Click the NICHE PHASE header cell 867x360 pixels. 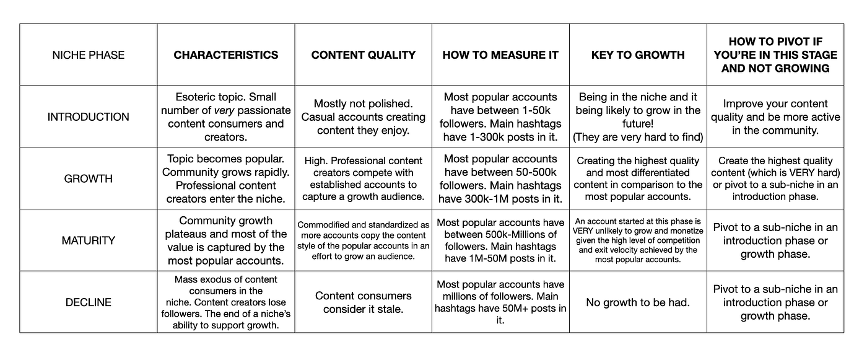pos(88,55)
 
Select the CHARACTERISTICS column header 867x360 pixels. pos(225,55)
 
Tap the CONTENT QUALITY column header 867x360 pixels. pos(363,55)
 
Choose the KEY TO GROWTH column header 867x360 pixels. pos(638,55)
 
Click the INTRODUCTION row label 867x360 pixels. pos(88,116)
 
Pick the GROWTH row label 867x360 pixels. pos(88,178)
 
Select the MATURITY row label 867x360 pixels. pos(88,240)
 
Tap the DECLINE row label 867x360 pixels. pos(88,302)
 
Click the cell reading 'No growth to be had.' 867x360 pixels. pos(638,302)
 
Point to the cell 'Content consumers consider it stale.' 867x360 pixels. pos(363,302)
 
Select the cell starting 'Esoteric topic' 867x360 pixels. pos(225,116)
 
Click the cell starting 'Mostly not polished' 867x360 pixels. pos(363,116)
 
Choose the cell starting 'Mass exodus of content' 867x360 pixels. pos(225,302)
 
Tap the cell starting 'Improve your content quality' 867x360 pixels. pos(775,116)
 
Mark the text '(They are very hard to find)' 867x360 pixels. pos(638,136)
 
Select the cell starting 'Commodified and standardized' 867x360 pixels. pos(363,240)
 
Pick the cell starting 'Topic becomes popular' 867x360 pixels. pos(225,178)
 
